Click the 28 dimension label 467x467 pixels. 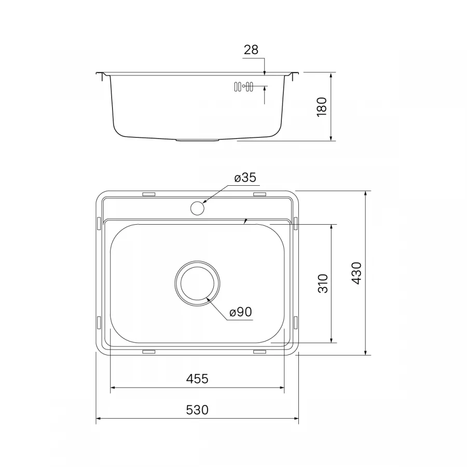(x=251, y=50)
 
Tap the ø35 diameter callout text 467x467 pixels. (x=245, y=178)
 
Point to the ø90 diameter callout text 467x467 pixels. (x=240, y=312)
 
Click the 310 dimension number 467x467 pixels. (x=323, y=283)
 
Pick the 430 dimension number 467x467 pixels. (x=356, y=273)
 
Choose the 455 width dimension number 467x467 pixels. (x=197, y=379)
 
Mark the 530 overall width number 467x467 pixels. (x=197, y=410)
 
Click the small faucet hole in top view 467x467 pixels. (x=197, y=208)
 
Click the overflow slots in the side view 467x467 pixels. (x=243, y=87)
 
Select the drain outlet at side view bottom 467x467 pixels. (x=197, y=140)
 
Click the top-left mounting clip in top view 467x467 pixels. (x=148, y=195)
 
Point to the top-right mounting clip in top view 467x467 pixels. (x=259, y=195)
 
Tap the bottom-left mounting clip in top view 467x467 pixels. (x=148, y=352)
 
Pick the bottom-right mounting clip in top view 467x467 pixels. (x=259, y=352)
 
